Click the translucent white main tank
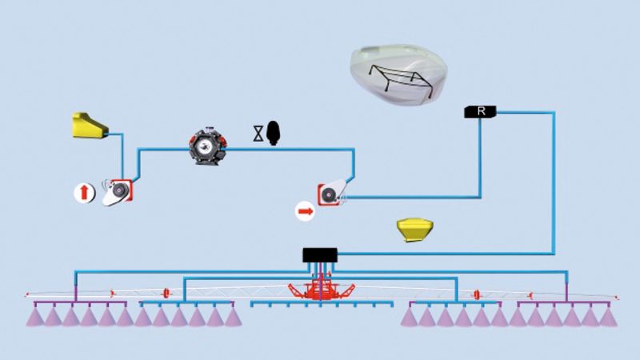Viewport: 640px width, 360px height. pos(396,76)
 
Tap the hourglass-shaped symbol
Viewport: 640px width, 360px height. pos(258,133)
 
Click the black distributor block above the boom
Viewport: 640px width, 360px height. pos(320,255)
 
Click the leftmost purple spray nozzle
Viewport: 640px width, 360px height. pos(35,317)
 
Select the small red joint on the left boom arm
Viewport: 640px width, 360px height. pos(166,293)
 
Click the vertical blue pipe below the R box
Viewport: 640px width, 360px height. pos(480,156)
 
